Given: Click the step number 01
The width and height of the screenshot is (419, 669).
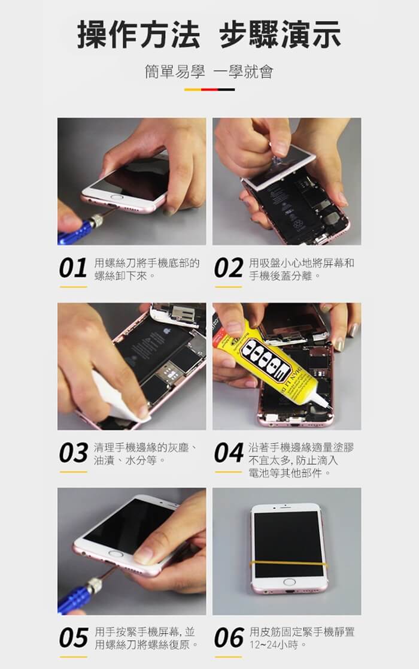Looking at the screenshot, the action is (73, 268).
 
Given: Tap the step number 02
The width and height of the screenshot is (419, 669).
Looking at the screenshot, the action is (229, 268).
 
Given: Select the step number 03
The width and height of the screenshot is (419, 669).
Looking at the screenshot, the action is (73, 453).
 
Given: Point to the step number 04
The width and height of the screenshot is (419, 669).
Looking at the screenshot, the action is (229, 453).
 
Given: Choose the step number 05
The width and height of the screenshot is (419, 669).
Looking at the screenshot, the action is (74, 638).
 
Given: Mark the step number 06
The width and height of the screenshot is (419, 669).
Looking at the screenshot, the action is (229, 638).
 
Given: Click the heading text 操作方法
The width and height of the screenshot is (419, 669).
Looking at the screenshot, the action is (138, 35).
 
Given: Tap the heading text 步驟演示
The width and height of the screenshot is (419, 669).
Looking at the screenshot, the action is (280, 35).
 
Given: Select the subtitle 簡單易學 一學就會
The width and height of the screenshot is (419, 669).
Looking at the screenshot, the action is (209, 72).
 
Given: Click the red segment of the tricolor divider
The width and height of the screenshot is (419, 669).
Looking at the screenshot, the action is (209, 90).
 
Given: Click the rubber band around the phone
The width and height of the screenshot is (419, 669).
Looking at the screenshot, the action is (290, 564).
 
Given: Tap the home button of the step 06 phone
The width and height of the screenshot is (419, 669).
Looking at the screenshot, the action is (289, 582).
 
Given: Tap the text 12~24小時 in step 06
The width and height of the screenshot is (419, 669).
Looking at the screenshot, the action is (275, 644).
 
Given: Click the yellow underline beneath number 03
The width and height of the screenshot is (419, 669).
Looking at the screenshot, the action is (73, 472).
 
